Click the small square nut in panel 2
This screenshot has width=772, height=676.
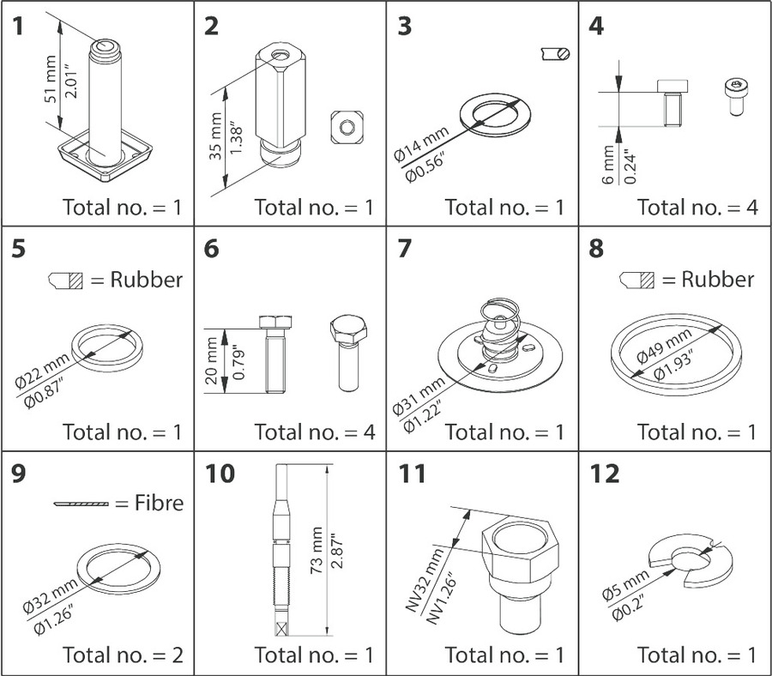coord(345,127)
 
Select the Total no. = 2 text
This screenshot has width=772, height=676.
coord(123,655)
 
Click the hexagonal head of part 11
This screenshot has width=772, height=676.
coord(521,540)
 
